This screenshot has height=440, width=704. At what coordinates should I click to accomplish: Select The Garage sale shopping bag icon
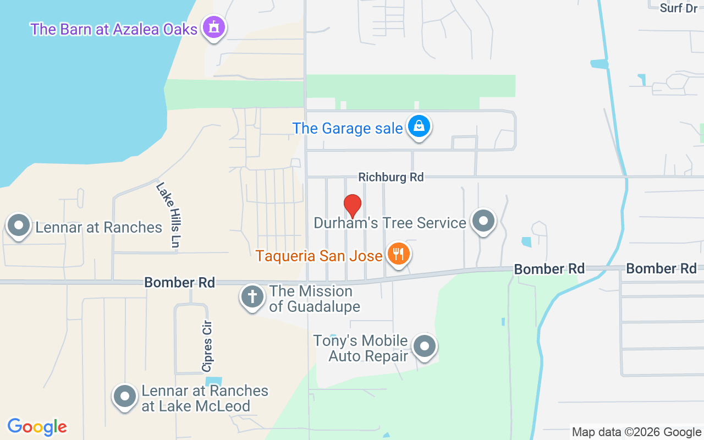click(419, 127)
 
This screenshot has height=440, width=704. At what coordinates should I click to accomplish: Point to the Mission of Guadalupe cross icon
click(252, 298)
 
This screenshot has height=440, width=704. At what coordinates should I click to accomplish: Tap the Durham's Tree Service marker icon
click(484, 221)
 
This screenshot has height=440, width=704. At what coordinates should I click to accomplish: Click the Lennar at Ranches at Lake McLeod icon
click(125, 397)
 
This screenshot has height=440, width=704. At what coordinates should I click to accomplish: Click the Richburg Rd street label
click(391, 177)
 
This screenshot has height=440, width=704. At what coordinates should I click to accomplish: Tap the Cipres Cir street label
click(207, 346)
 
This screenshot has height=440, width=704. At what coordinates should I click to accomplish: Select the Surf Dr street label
click(678, 8)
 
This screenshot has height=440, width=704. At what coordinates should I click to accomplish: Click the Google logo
click(37, 427)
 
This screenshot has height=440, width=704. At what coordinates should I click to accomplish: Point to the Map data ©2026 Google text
click(636, 432)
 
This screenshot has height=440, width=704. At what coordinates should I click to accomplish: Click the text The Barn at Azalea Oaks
click(114, 29)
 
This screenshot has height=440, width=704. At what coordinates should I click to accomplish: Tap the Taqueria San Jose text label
click(319, 256)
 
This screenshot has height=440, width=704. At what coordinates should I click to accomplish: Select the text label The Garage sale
click(348, 128)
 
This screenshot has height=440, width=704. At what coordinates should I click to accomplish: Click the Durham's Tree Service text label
click(390, 223)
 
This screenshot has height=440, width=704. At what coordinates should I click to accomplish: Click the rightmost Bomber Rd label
click(661, 268)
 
